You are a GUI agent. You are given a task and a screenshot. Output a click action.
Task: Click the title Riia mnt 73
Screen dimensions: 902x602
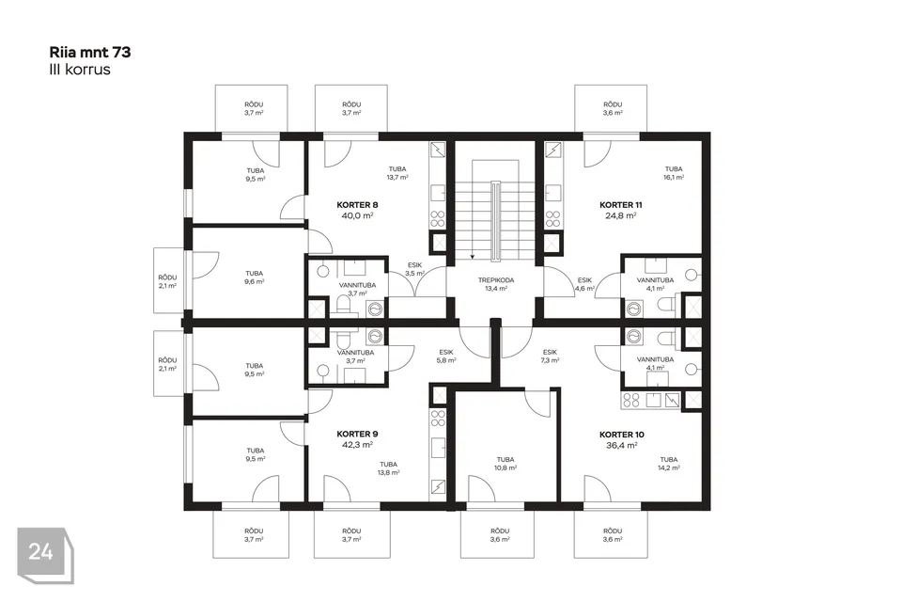pyautogui.click(x=90, y=53)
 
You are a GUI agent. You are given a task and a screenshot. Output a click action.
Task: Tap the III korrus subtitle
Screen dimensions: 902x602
pyautogui.click(x=80, y=70)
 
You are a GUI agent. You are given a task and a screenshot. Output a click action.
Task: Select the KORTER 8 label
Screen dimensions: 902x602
pyautogui.click(x=357, y=204)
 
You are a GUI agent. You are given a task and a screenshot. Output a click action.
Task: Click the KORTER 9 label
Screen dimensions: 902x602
pyautogui.click(x=357, y=434)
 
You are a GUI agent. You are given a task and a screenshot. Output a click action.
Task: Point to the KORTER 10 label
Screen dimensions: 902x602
pyautogui.click(x=621, y=435)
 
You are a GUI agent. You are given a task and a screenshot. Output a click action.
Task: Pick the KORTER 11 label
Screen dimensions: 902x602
pyautogui.click(x=621, y=204)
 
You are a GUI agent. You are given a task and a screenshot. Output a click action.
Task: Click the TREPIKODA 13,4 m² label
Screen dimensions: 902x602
pyautogui.click(x=496, y=284)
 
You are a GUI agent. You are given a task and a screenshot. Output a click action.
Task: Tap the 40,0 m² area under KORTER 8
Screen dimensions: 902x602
pyautogui.click(x=357, y=215)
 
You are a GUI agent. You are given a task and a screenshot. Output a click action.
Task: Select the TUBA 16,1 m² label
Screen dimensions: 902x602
pyautogui.click(x=674, y=173)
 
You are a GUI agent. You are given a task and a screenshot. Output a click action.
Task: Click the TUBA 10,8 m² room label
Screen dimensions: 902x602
pyautogui.click(x=505, y=463)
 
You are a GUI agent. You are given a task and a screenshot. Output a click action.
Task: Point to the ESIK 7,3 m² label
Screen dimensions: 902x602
pyautogui.click(x=550, y=356)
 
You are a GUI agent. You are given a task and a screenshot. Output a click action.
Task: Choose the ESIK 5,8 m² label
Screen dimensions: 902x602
pyautogui.click(x=445, y=356)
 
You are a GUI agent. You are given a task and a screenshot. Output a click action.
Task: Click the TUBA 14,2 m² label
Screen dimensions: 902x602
pyautogui.click(x=668, y=463)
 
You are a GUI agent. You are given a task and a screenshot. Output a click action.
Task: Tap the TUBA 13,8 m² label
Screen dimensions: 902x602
pyautogui.click(x=388, y=467)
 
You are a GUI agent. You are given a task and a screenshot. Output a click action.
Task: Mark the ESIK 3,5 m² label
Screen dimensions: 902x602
pyautogui.click(x=414, y=269)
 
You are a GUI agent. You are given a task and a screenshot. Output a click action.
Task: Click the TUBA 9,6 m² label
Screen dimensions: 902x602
pyautogui.click(x=255, y=277)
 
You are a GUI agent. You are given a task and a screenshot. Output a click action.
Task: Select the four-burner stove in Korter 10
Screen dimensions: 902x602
pyautogui.click(x=631, y=400)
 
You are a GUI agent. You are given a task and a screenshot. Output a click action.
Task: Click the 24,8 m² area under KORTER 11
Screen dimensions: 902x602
pyautogui.click(x=621, y=215)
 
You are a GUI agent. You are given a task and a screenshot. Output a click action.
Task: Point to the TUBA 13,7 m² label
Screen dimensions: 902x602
pyautogui.click(x=397, y=173)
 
